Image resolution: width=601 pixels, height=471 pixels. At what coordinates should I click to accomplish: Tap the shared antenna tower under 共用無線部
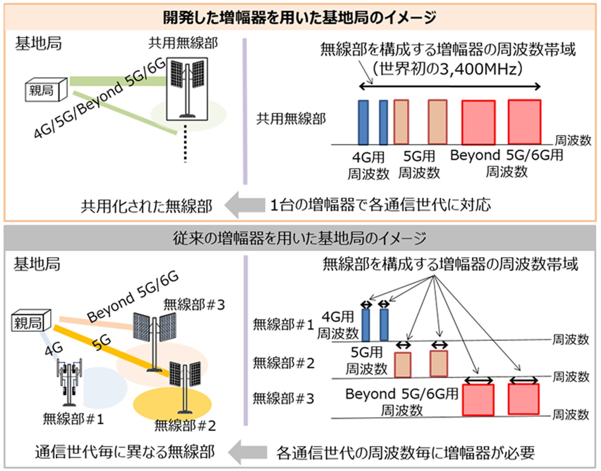[x=188, y=89]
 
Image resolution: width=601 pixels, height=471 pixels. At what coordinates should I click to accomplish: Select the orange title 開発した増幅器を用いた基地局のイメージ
[x=300, y=18]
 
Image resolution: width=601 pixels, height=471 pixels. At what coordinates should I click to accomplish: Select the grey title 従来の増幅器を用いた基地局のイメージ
[x=300, y=239]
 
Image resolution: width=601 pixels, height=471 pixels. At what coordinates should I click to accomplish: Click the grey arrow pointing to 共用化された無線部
[x=244, y=205]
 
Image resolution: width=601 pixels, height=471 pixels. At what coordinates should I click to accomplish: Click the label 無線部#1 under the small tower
[x=73, y=419]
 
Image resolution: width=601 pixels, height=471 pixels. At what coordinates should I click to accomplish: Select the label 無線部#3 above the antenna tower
[x=194, y=305]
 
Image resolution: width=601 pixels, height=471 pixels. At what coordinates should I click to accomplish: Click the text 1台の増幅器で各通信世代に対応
[x=380, y=205]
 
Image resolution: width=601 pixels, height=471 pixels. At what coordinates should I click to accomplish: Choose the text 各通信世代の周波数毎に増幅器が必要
[x=405, y=453]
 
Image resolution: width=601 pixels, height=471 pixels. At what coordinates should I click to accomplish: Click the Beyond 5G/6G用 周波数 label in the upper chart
[x=506, y=163]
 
